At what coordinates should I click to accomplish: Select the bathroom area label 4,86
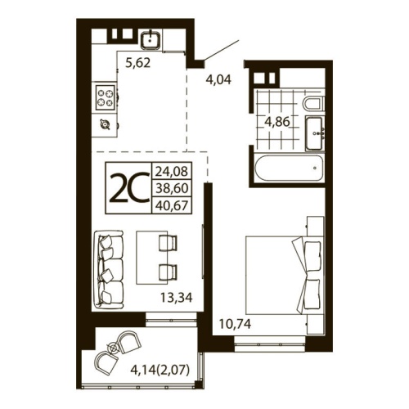(276, 125)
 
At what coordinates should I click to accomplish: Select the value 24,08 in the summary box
(170, 173)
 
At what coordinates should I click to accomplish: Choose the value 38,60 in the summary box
(170, 189)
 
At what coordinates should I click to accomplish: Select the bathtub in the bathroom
(286, 169)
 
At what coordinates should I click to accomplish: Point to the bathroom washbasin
(315, 133)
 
